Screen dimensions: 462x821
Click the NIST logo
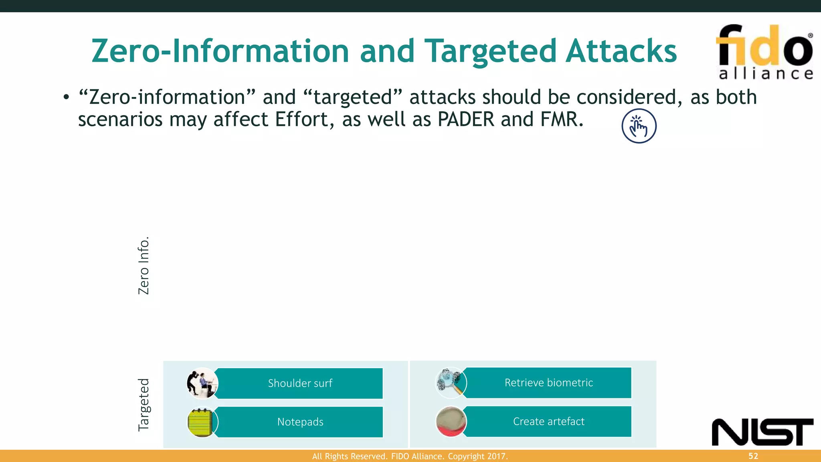pos(762,432)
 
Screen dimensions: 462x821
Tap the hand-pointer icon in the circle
pos(639,126)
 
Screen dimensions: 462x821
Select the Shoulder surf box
pos(300,383)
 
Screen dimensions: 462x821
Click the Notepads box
pos(300,422)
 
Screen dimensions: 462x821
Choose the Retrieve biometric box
pos(548,383)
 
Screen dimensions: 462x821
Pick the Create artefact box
pos(548,421)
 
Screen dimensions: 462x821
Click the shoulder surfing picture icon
pos(202,383)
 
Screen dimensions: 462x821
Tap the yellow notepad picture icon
pos(202,422)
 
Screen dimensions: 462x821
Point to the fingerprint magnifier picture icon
pos(451,383)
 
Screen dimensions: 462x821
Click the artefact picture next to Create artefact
pos(451,421)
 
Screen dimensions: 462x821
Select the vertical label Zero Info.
pos(144,265)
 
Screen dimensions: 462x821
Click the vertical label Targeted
pos(144,405)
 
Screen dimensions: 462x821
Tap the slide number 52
pos(753,456)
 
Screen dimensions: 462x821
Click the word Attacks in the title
pos(621,51)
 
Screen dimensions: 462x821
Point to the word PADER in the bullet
pos(466,120)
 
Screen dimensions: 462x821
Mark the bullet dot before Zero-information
pos(66,97)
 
